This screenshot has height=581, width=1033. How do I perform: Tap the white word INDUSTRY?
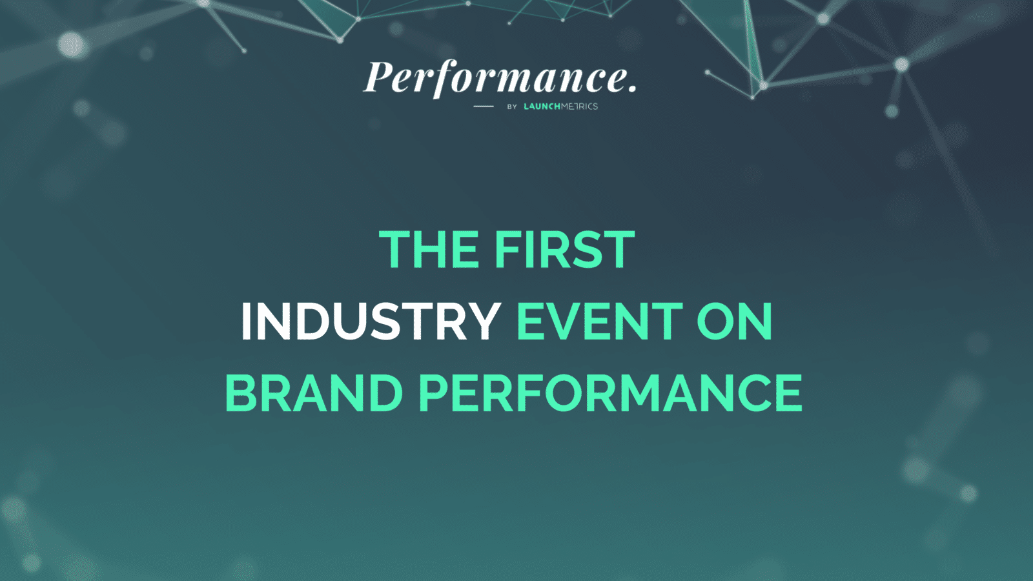(371, 321)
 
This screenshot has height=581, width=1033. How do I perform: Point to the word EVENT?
(599, 321)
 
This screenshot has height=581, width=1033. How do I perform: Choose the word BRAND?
(314, 393)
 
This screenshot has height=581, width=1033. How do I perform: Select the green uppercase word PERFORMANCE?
(611, 393)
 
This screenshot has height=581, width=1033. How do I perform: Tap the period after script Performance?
(632, 88)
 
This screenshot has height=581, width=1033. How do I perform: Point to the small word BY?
(512, 107)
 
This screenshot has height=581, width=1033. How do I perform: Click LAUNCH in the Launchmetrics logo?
(542, 107)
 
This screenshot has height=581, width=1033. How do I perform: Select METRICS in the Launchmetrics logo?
(580, 107)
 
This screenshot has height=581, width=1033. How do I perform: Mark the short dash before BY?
(484, 107)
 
